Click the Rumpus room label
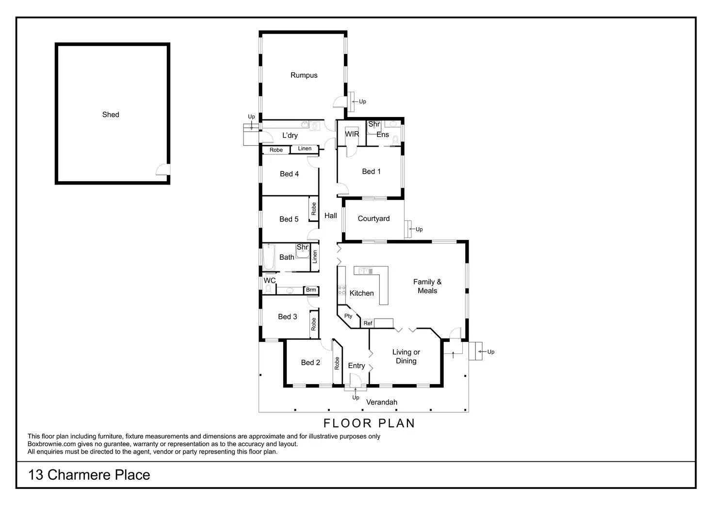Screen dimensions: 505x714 [x=304, y=75]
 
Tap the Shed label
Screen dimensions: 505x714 [x=111, y=115]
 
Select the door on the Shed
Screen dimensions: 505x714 [x=162, y=169]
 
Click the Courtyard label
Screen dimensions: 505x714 [x=373, y=219]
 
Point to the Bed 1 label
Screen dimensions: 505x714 [x=372, y=171]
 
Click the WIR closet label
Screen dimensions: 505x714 [x=352, y=134]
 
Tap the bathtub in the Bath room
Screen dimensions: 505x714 [x=269, y=257]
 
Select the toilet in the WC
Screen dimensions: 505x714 [x=268, y=289]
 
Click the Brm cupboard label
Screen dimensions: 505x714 [x=311, y=290]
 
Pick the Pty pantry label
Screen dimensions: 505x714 [x=348, y=316]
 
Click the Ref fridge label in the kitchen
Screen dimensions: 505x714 [x=368, y=323]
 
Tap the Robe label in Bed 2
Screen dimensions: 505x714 [x=337, y=363]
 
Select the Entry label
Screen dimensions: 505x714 [x=357, y=366]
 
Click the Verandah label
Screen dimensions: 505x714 [x=382, y=402]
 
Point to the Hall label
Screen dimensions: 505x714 [x=331, y=216]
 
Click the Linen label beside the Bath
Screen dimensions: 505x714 [x=315, y=257]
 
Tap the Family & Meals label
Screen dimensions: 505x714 [x=427, y=286]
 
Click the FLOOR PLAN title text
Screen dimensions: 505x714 [x=369, y=423]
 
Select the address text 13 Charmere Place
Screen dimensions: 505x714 [x=89, y=475]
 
